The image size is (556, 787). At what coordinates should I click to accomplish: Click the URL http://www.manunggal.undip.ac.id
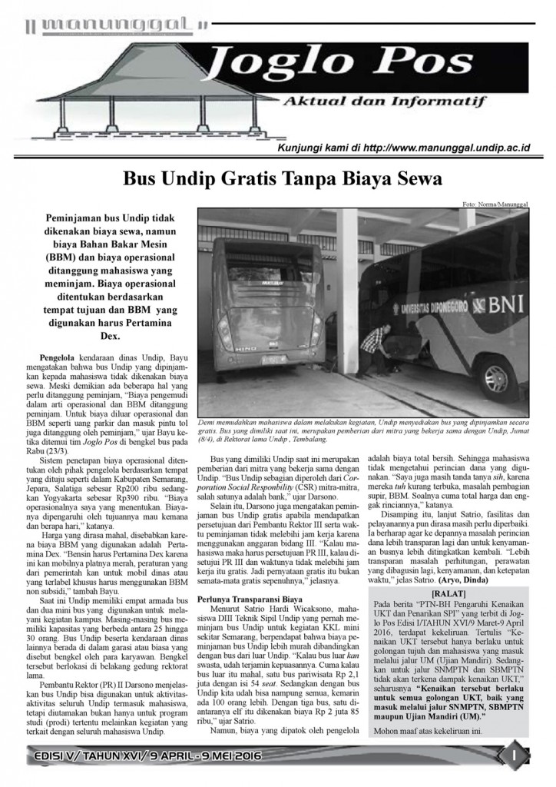458,147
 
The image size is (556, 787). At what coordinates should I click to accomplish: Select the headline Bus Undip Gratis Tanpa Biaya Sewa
282,179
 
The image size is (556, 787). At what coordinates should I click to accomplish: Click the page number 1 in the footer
515,757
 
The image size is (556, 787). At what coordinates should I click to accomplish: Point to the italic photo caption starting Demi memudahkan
361,428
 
